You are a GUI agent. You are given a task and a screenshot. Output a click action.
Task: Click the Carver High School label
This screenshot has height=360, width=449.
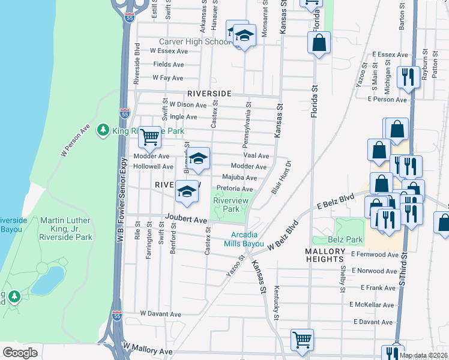(194, 42)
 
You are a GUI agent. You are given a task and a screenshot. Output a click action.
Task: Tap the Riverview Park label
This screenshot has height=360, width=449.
(227, 205)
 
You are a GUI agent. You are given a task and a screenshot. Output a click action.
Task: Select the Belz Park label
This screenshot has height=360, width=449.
(347, 239)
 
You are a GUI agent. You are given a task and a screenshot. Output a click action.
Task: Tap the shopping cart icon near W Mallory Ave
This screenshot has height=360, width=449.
(302, 339)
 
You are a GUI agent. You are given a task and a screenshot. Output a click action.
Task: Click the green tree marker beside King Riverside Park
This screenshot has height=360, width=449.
(103, 130)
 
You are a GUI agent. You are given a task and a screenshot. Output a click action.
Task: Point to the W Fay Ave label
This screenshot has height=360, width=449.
(167, 78)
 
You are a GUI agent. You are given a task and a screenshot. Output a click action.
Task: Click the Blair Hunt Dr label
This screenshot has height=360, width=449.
(281, 177)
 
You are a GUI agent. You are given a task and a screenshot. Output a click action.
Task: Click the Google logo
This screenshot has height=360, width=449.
(20, 352)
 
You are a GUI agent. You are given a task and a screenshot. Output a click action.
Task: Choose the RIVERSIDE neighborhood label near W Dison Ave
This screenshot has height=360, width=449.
(209, 94)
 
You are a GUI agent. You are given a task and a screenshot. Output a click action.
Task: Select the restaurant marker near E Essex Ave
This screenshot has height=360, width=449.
(408, 76)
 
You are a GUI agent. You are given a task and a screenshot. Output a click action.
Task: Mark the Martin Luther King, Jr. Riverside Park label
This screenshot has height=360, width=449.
(66, 229)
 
